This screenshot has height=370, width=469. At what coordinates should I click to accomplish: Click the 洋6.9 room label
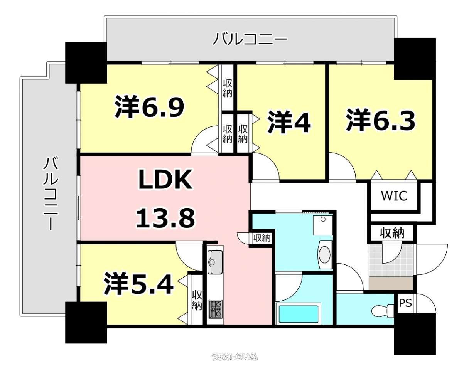[150, 107]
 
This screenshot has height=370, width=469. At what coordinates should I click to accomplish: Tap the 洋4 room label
[289, 122]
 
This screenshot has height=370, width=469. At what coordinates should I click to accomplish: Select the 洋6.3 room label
[381, 120]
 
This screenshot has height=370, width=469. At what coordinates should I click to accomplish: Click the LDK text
[165, 180]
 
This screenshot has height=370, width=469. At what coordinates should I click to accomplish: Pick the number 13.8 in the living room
[165, 218]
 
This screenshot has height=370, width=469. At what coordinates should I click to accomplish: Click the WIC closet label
[394, 196]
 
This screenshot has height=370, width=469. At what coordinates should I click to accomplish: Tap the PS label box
[405, 303]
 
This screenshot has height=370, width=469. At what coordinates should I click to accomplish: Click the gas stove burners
[216, 309]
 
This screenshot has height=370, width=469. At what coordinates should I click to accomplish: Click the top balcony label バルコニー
[250, 39]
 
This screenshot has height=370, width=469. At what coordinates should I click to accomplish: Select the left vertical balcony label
[51, 193]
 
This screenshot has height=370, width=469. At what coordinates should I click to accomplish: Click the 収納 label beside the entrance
[392, 233]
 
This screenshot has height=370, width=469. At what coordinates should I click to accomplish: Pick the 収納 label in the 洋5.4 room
[197, 301]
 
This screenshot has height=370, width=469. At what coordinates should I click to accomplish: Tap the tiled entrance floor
[391, 261]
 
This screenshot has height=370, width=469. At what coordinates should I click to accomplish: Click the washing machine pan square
[323, 225]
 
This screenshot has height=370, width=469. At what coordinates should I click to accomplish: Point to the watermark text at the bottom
[235, 357]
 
